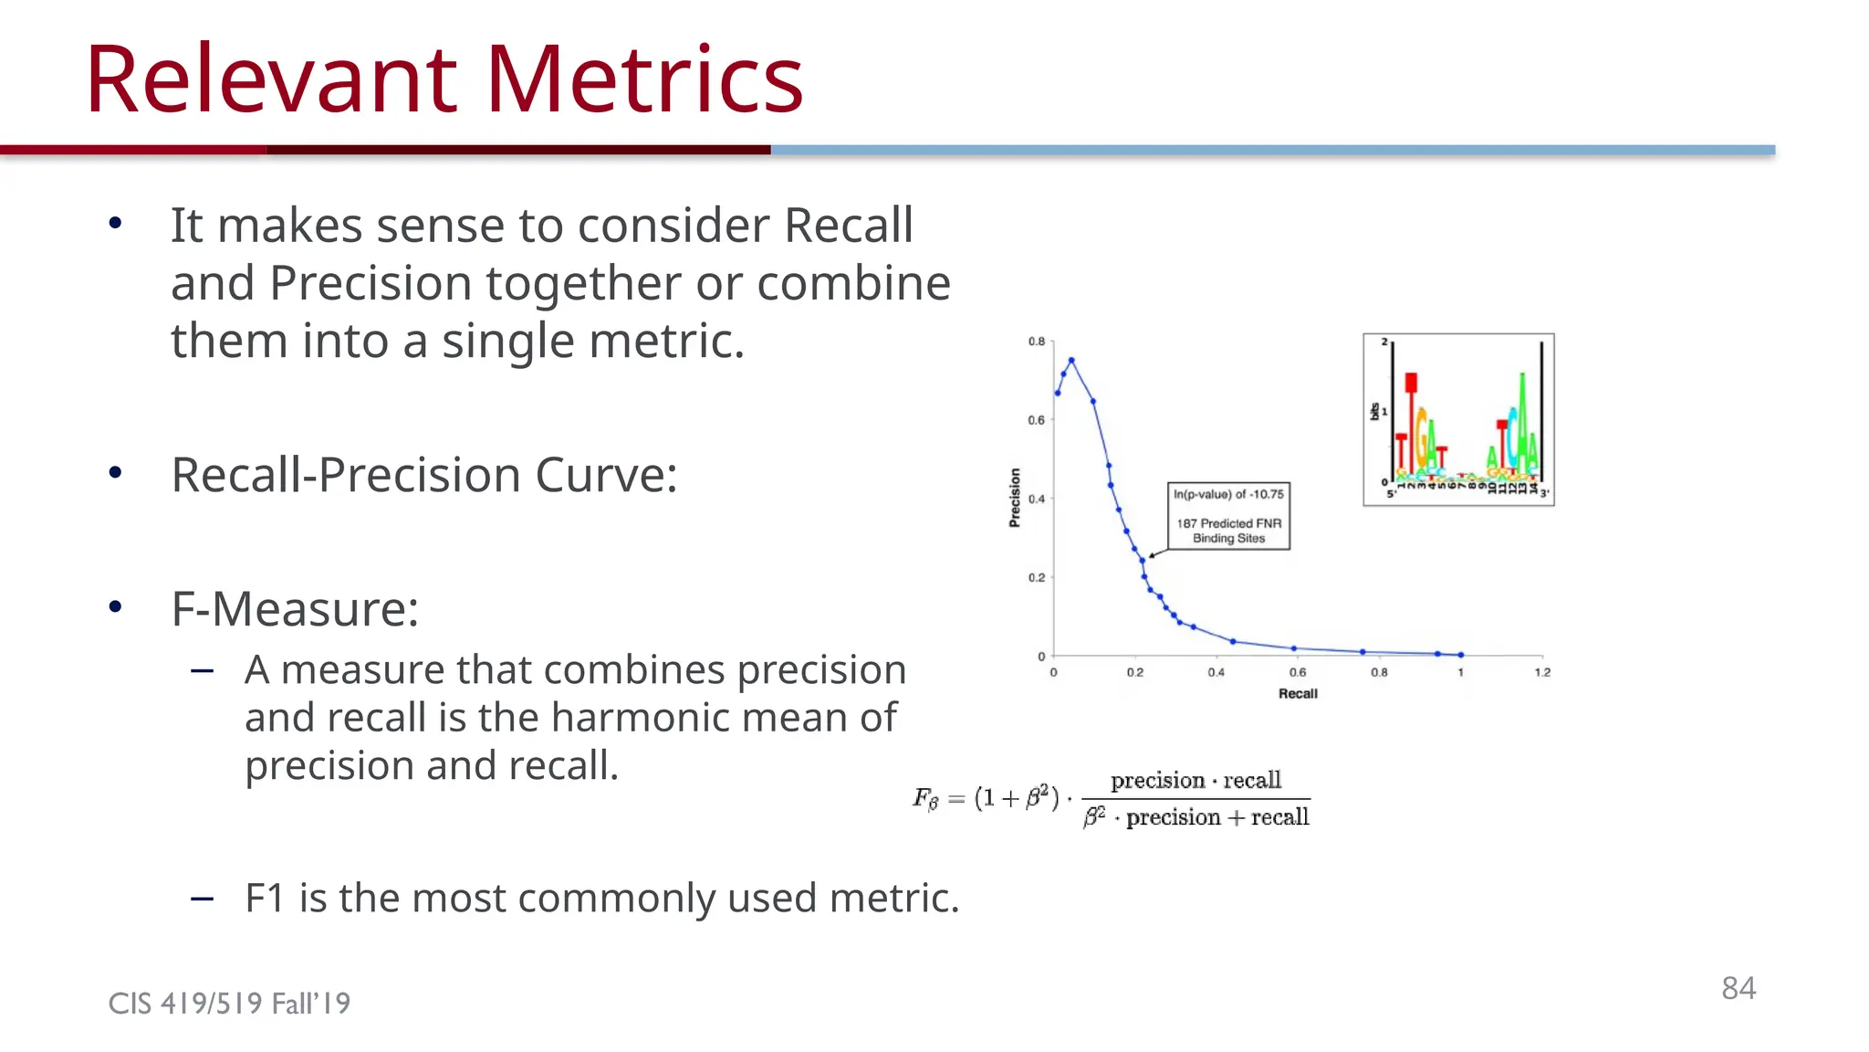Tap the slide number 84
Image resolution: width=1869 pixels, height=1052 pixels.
(x=1738, y=988)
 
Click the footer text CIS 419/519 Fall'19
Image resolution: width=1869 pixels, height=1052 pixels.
(x=229, y=1004)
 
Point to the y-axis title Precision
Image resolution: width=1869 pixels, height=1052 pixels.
(x=1015, y=498)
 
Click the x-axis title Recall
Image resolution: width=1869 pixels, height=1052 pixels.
(x=1297, y=694)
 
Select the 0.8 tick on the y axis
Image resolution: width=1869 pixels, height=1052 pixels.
(x=1037, y=342)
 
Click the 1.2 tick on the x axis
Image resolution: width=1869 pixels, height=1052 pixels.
(x=1541, y=673)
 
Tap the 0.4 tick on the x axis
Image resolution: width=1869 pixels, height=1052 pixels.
(x=1216, y=673)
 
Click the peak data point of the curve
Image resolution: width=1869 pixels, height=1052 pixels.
(x=1071, y=361)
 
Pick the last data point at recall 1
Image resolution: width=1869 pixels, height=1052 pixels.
(x=1461, y=655)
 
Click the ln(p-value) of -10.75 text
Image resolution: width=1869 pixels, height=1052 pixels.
(x=1228, y=495)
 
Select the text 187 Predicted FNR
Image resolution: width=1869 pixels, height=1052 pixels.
(x=1228, y=523)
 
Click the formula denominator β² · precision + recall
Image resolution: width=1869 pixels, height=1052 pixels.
(x=1196, y=817)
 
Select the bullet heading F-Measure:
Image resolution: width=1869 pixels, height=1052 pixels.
(x=295, y=609)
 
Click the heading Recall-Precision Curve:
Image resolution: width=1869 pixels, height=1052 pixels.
(x=424, y=475)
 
